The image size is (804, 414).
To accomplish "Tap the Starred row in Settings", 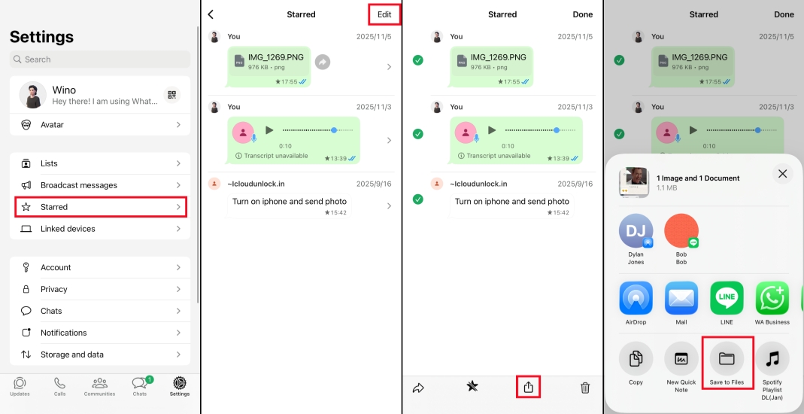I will coord(100,207).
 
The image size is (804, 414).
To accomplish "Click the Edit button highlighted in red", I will coord(384,14).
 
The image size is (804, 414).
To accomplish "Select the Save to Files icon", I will coord(727,359).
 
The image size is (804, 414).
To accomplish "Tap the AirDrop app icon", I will coord(636,298).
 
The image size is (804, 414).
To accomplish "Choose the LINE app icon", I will coord(727,298).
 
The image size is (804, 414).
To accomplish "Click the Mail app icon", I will coord(681,298).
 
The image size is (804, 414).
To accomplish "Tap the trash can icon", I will coord(585,388).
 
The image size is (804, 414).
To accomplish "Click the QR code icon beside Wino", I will coord(172,95).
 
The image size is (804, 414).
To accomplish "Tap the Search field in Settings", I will coord(100,59).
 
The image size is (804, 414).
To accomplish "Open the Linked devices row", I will coord(100,229).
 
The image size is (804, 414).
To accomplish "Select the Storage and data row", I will coord(100,355).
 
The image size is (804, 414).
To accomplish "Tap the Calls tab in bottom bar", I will coord(59,386).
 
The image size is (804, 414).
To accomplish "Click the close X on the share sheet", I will coord(782,174).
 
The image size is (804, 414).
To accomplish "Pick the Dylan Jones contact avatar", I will coord(636,231).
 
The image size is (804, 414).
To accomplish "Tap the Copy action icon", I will coord(636,359).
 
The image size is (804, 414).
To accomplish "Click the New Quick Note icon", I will coord(681,359).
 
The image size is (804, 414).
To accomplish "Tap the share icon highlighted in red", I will coord(529,387).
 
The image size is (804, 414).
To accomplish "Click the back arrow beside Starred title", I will coord(211,14).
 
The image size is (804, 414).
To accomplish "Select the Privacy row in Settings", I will coord(100,289).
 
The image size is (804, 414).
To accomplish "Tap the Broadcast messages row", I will coord(100,185).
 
